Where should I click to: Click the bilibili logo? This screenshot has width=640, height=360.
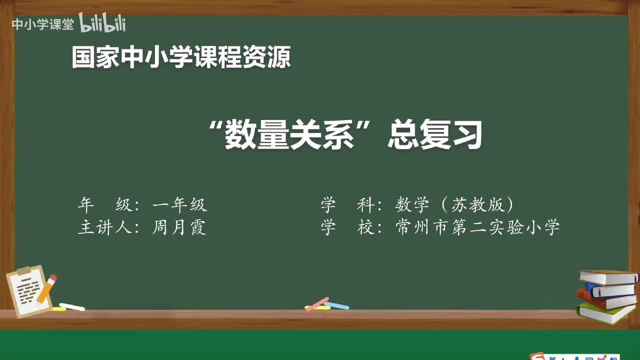(102, 23)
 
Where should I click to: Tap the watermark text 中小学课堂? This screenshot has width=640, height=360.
(42, 24)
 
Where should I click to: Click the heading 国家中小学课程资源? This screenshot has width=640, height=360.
(181, 57)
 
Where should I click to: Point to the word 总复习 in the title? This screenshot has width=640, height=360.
(435, 135)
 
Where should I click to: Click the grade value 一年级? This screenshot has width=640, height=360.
(179, 204)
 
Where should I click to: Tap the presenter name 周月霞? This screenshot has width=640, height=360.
(179, 228)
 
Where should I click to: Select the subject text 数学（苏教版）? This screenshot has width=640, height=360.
(454, 204)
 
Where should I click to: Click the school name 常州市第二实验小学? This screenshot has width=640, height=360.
(477, 228)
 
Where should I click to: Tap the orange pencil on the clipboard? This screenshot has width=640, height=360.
(46, 288)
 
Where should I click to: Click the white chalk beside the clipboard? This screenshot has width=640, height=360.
(72, 306)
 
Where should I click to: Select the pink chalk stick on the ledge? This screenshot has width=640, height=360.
(317, 303)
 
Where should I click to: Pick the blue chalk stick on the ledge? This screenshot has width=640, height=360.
(336, 305)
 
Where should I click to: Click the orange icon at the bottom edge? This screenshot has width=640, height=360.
(538, 356)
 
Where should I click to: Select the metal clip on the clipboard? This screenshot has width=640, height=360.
(24, 270)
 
